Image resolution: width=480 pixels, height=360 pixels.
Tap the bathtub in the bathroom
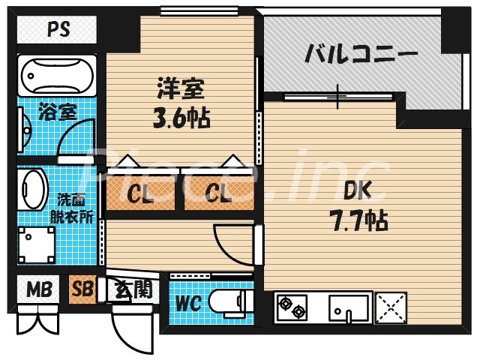(x=57, y=75)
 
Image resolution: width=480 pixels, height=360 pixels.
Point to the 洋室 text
(x=180, y=88)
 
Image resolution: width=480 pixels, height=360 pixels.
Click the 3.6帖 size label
(x=180, y=118)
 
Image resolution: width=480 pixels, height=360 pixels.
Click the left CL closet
(x=140, y=194)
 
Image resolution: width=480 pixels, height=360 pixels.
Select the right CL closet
(x=218, y=194)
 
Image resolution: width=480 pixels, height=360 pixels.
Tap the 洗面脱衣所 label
(x=75, y=208)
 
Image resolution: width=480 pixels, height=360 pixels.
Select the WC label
(x=187, y=304)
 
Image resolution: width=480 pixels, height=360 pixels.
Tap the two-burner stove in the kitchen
(x=292, y=308)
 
